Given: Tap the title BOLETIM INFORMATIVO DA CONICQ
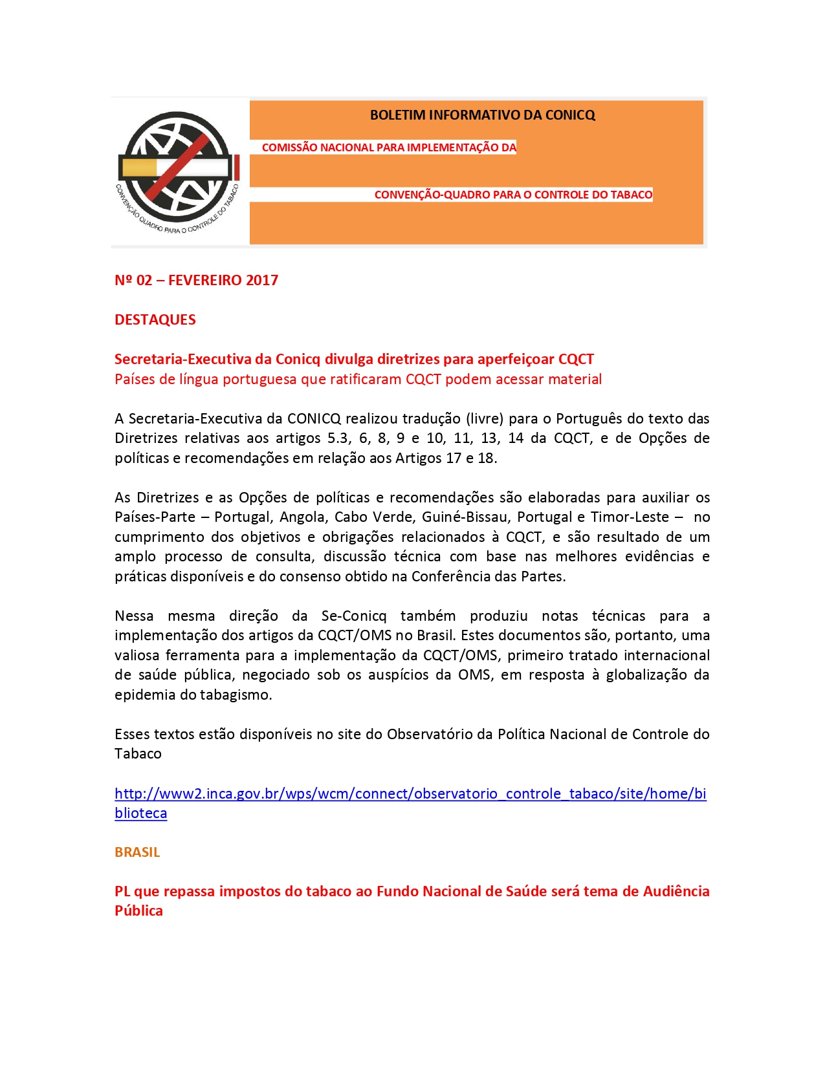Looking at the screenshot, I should click(482, 115).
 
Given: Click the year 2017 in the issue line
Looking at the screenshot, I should click(262, 280).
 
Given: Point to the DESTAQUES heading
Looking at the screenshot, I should click(155, 319).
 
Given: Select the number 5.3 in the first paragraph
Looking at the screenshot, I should click(338, 438).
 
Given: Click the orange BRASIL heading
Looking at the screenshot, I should click(137, 852).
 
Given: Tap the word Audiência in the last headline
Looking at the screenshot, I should click(676, 891).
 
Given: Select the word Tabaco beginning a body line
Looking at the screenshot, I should click(138, 753).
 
